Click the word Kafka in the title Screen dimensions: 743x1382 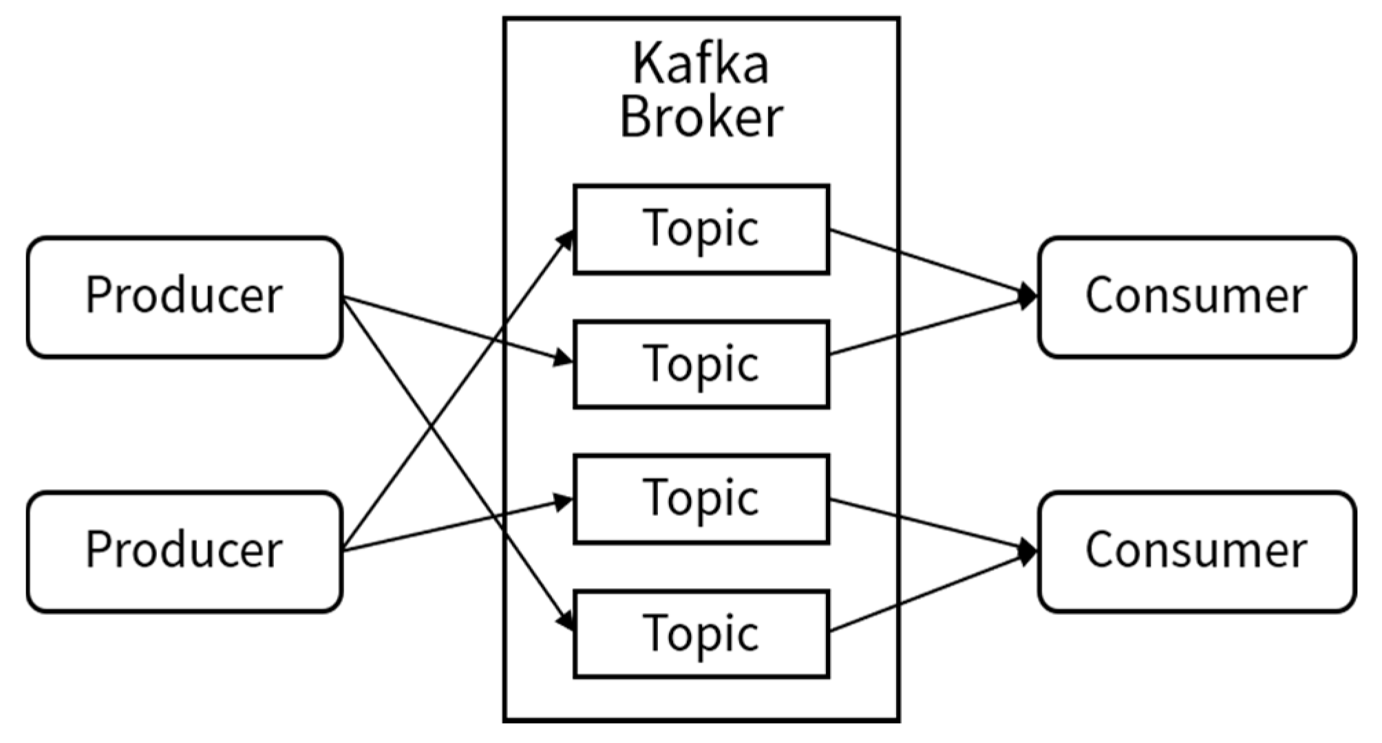(x=700, y=64)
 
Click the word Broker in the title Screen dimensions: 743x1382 (x=701, y=117)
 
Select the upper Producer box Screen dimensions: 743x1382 (x=184, y=297)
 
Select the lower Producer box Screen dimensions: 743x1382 (x=184, y=551)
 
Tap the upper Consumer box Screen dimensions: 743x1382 (x=1196, y=297)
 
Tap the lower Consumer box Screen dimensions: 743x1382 (x=1196, y=551)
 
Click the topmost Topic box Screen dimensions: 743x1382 (x=701, y=229)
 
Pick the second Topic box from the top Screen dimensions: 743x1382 (x=701, y=364)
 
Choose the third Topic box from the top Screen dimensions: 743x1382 (x=701, y=499)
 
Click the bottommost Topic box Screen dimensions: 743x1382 (x=701, y=634)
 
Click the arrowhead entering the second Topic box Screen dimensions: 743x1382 (x=564, y=358)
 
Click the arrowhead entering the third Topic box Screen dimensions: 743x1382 (x=564, y=502)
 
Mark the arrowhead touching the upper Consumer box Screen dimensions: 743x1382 (x=1028, y=297)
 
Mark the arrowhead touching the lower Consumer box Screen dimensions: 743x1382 (x=1028, y=551)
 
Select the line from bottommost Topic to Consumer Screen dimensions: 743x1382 (x=929, y=592)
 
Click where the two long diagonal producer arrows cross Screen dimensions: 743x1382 (x=432, y=425)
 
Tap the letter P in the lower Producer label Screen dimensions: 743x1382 (x=98, y=550)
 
